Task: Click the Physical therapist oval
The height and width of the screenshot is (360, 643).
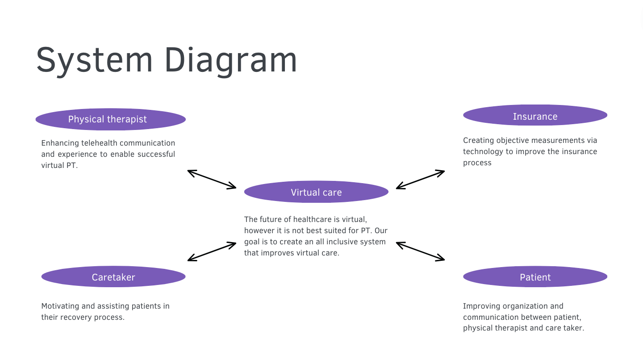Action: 111,119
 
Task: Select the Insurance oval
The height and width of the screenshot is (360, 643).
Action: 535,115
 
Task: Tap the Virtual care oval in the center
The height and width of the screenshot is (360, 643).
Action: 316,192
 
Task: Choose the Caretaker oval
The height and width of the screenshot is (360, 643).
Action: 113,276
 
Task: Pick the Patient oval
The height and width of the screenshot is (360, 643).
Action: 535,276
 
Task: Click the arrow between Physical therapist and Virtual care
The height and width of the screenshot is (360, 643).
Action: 212,180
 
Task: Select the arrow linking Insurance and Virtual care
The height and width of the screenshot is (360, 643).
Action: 420,180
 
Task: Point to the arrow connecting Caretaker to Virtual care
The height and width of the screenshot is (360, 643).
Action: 212,251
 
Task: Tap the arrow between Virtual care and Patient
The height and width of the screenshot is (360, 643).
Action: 420,251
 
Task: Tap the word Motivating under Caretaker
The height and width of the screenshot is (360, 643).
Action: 60,306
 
